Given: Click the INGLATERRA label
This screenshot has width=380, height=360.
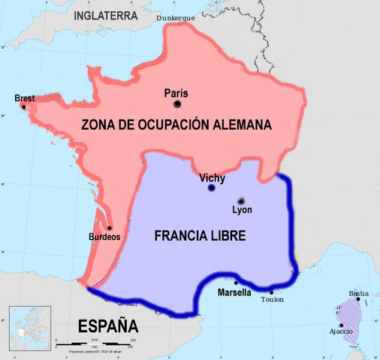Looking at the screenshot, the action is tap(110, 15).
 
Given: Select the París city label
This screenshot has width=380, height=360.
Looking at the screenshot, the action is tap(176, 93).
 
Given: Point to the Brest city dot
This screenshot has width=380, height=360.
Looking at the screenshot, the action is tap(23, 107).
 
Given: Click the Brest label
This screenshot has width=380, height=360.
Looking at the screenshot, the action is tap(25, 97).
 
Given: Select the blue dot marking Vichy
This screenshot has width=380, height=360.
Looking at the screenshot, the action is tap(210, 188).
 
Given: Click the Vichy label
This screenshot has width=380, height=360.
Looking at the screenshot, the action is tap(213, 178).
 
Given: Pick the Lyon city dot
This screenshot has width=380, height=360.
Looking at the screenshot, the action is tap(241, 201).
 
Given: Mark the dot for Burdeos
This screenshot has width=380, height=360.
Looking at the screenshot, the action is tap(109, 227).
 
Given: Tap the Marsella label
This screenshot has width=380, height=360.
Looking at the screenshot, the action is tap(234, 292).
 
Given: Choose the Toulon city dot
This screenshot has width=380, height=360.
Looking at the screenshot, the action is tap(272, 292).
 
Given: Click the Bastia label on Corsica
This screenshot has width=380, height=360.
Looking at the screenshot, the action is tap(360, 292).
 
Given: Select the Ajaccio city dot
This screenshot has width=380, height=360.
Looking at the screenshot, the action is tap(341, 325).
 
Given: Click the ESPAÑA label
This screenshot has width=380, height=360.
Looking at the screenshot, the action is tap(109, 326).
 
